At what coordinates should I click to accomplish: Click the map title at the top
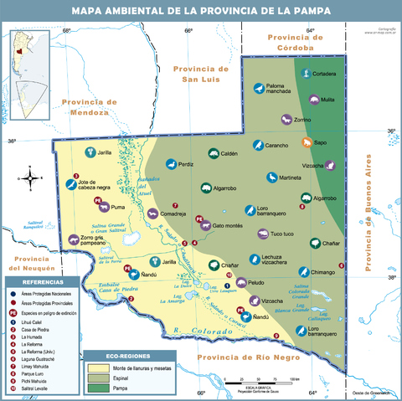[200, 11]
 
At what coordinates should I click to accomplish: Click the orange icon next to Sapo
[308, 142]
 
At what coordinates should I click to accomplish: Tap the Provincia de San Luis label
[200, 74]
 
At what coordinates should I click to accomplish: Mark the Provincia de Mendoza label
[86, 106]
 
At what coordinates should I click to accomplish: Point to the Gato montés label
[227, 225]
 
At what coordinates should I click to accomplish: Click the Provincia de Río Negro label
[237, 357]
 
